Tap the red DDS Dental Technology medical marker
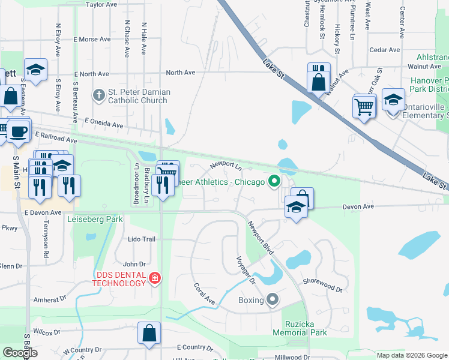(x=154, y=278)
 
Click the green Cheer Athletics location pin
(x=275, y=181)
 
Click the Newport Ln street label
(x=225, y=164)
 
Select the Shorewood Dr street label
(x=322, y=282)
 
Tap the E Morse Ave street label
(x=92, y=39)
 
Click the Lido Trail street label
(x=142, y=239)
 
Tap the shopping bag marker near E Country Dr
(x=149, y=334)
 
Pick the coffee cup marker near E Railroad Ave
(x=18, y=131)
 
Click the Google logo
(x=20, y=353)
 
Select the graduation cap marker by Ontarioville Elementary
(x=393, y=100)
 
